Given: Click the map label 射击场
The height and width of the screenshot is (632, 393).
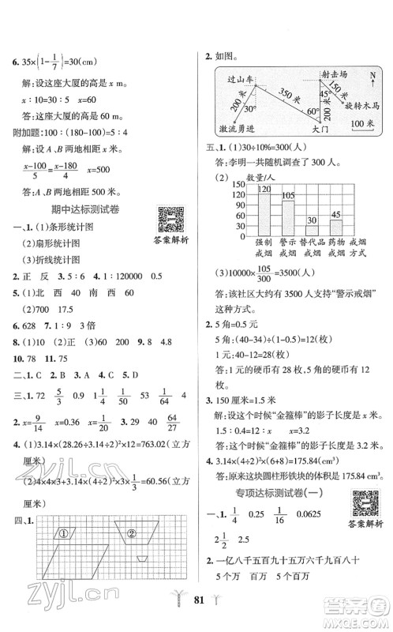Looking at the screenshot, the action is (337, 75).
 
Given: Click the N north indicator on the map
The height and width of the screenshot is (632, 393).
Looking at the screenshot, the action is (370, 77).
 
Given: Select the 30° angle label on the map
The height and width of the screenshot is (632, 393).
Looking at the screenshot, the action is (251, 110).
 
